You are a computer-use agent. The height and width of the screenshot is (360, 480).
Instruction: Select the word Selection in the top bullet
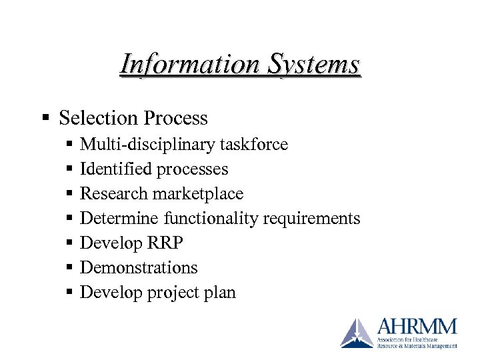click(x=97, y=119)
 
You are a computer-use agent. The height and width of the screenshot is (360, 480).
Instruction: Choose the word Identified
click(x=115, y=169)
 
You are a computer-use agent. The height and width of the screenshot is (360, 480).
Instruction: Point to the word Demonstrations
click(x=139, y=268)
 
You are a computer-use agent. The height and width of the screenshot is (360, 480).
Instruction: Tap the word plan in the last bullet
click(x=222, y=293)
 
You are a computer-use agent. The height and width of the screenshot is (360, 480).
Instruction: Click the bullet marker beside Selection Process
click(x=46, y=119)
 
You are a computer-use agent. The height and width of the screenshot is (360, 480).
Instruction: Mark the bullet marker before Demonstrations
click(x=70, y=268)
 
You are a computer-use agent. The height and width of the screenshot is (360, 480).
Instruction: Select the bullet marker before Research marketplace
click(x=70, y=194)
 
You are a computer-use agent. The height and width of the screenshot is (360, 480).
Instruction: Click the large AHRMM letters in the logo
click(x=417, y=327)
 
